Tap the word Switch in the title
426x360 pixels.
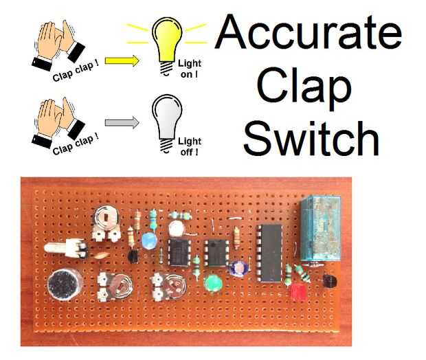pyautogui.click(x=311, y=137)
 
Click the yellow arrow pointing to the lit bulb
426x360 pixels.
pyautogui.click(x=122, y=60)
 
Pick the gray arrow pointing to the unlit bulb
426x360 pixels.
pyautogui.click(x=122, y=123)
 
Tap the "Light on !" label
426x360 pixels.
pyautogui.click(x=189, y=69)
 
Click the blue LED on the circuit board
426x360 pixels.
pyautogui.click(x=148, y=241)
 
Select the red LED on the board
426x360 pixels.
pyautogui.click(x=298, y=293)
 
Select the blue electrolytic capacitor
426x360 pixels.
pyautogui.click(x=240, y=267)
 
